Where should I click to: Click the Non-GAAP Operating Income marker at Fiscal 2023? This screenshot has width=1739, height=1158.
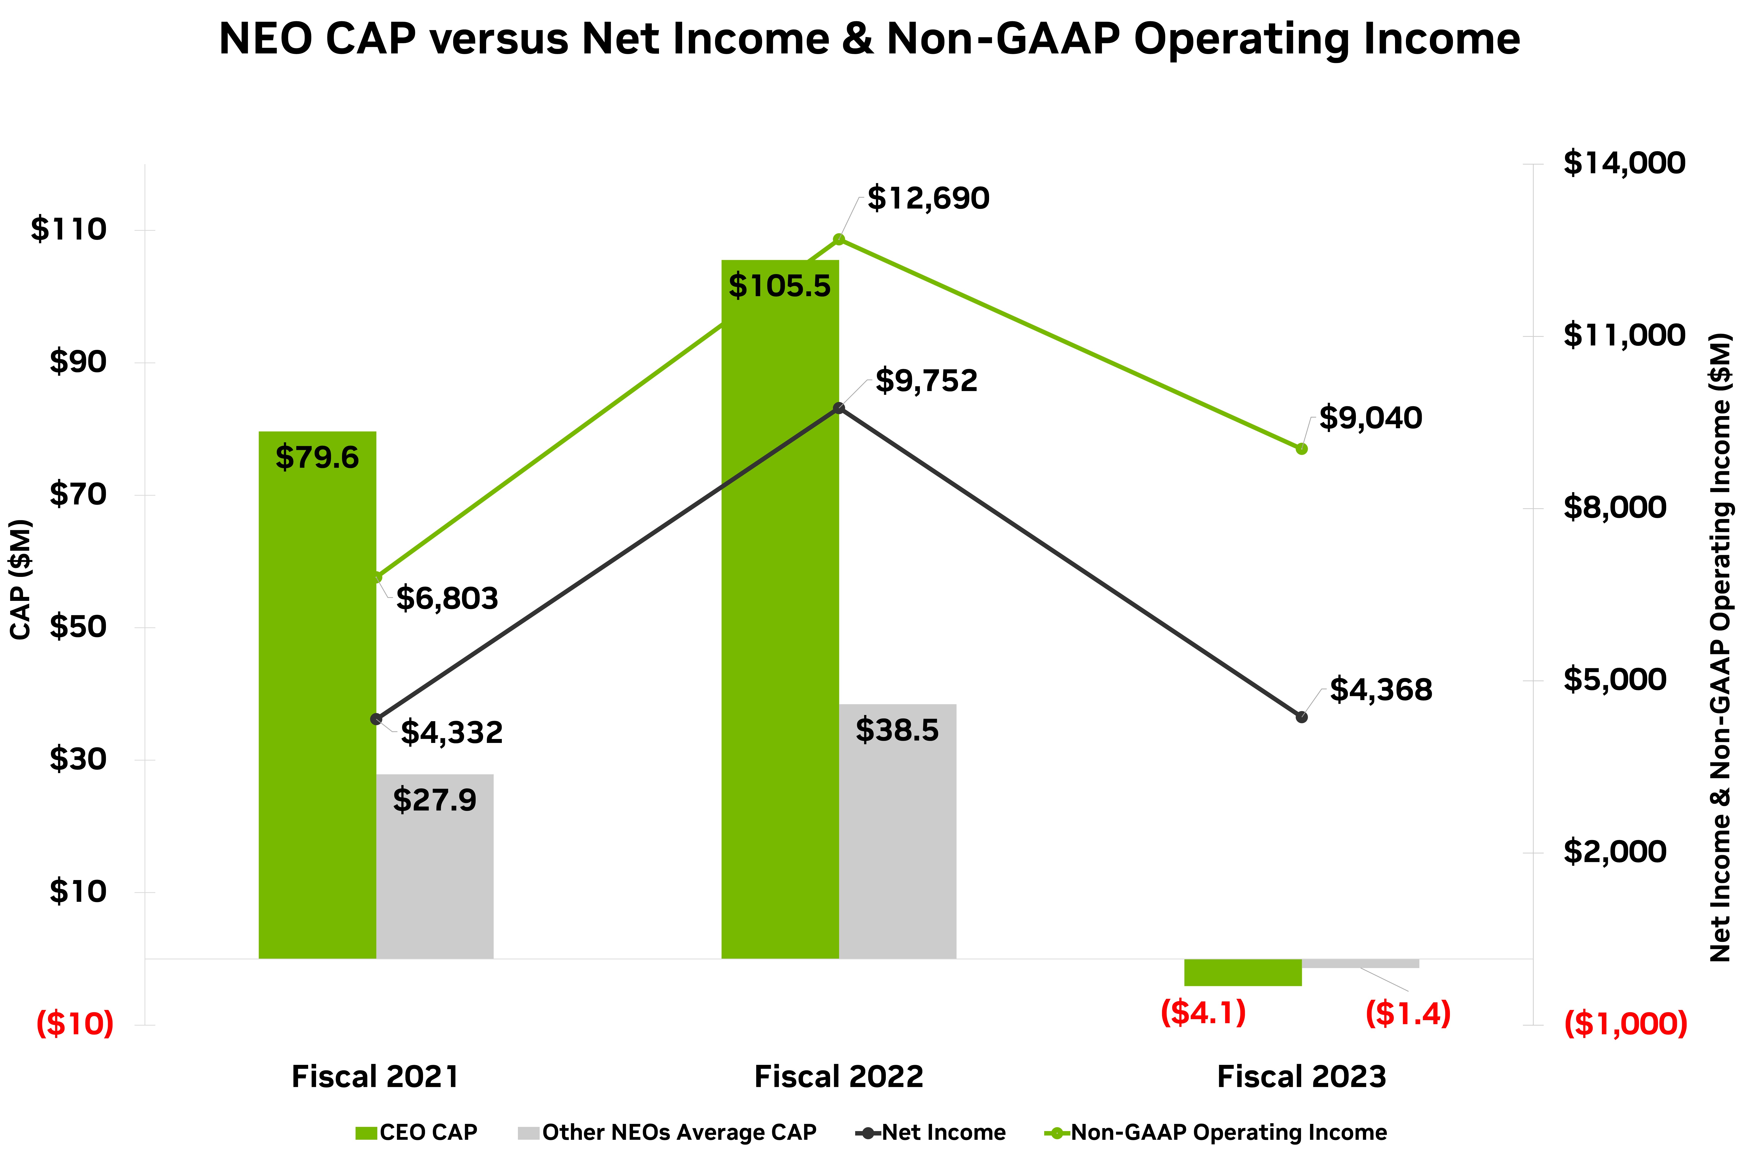pyautogui.click(x=1301, y=448)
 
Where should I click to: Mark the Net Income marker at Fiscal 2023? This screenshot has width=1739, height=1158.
pyautogui.click(x=1301, y=716)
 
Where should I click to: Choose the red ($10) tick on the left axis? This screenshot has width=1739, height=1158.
pyautogui.click(x=75, y=1024)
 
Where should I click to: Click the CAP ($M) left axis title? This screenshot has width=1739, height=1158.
pyautogui.click(x=21, y=580)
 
